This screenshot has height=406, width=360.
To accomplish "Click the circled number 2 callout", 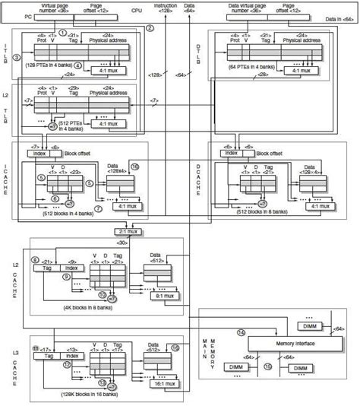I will [x=150, y=27].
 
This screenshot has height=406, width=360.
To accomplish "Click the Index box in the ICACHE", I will [x=38, y=152].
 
